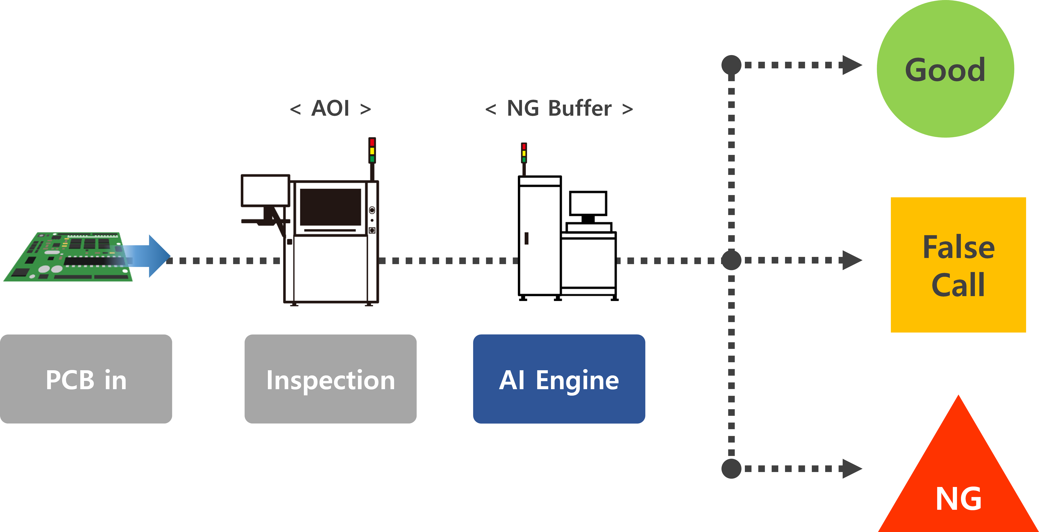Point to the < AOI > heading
[x=330, y=108]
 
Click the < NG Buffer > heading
[x=559, y=108]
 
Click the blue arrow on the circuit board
[x=149, y=256]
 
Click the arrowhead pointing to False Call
[x=852, y=260]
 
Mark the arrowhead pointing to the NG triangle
[x=852, y=469]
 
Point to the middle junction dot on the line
[x=731, y=260]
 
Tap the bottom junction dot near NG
[x=731, y=469]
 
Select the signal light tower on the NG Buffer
[x=524, y=153]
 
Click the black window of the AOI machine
[x=330, y=207]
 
